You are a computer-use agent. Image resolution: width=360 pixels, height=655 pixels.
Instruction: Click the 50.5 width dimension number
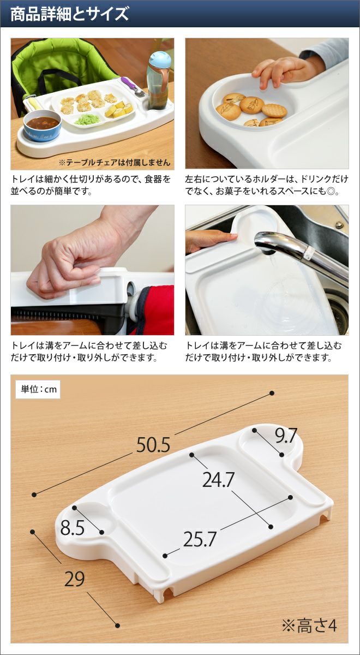click(x=153, y=445)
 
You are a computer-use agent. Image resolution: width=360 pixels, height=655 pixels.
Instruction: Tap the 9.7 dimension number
click(x=286, y=436)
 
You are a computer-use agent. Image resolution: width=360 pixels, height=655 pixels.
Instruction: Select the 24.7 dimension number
click(x=218, y=480)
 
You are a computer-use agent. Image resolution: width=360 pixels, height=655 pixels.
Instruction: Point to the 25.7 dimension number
click(x=200, y=539)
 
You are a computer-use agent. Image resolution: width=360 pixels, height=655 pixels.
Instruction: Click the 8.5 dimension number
click(x=73, y=528)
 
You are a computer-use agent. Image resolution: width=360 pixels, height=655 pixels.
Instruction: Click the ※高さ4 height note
click(x=309, y=626)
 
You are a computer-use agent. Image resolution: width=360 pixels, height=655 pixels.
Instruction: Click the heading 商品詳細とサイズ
click(x=70, y=15)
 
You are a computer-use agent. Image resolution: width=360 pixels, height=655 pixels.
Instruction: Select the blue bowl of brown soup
click(x=43, y=126)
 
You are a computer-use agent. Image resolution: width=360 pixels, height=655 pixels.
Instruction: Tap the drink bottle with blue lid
click(x=159, y=80)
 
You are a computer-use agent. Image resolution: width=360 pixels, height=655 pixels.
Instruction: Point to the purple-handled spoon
click(x=133, y=86)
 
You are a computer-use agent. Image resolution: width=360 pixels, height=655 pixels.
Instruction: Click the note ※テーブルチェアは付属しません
click(x=114, y=163)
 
